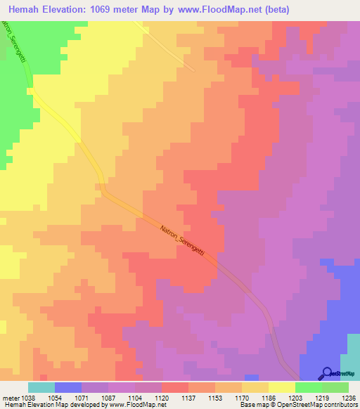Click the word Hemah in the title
(26, 10)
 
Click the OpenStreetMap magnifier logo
(327, 374)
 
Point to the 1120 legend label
(161, 398)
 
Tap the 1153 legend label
(214, 398)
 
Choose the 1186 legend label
(268, 398)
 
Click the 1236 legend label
(348, 398)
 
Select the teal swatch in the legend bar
(41, 387)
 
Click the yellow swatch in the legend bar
(281, 387)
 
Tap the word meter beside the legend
(9, 398)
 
